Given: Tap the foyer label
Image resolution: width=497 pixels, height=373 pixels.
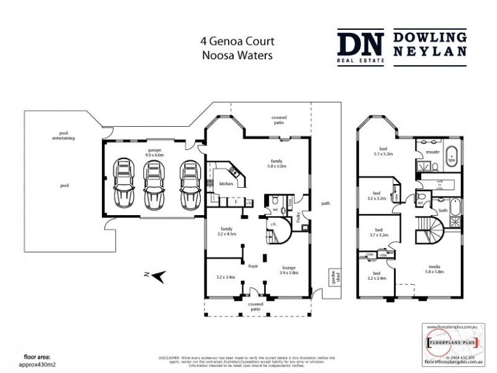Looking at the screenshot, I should pyautogui.click(x=253, y=265).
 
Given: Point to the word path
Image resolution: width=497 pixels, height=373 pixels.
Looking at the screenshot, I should pyautogui.click(x=325, y=203).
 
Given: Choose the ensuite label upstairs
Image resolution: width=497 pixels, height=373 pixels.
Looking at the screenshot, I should pyautogui.click(x=432, y=151).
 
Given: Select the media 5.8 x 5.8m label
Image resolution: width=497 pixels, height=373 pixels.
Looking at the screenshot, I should pyautogui.click(x=435, y=272).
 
